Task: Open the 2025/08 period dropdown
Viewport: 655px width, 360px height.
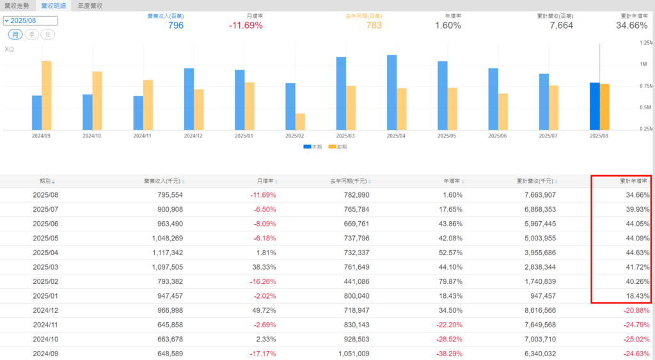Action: tap(30, 20)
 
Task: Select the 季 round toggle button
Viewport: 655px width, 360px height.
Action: tap(32, 34)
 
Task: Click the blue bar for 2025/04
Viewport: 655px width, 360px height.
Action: tap(391, 93)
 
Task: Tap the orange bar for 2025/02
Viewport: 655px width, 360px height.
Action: tap(300, 122)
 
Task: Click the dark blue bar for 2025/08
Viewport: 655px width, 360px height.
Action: tap(594, 106)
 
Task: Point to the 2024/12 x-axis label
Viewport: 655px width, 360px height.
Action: tap(194, 136)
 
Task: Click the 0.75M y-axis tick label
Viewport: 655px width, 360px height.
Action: tap(645, 86)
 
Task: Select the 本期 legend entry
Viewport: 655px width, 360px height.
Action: tap(313, 146)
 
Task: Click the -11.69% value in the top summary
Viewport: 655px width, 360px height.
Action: tap(245, 26)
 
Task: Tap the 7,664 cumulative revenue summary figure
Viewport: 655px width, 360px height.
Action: tap(561, 26)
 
